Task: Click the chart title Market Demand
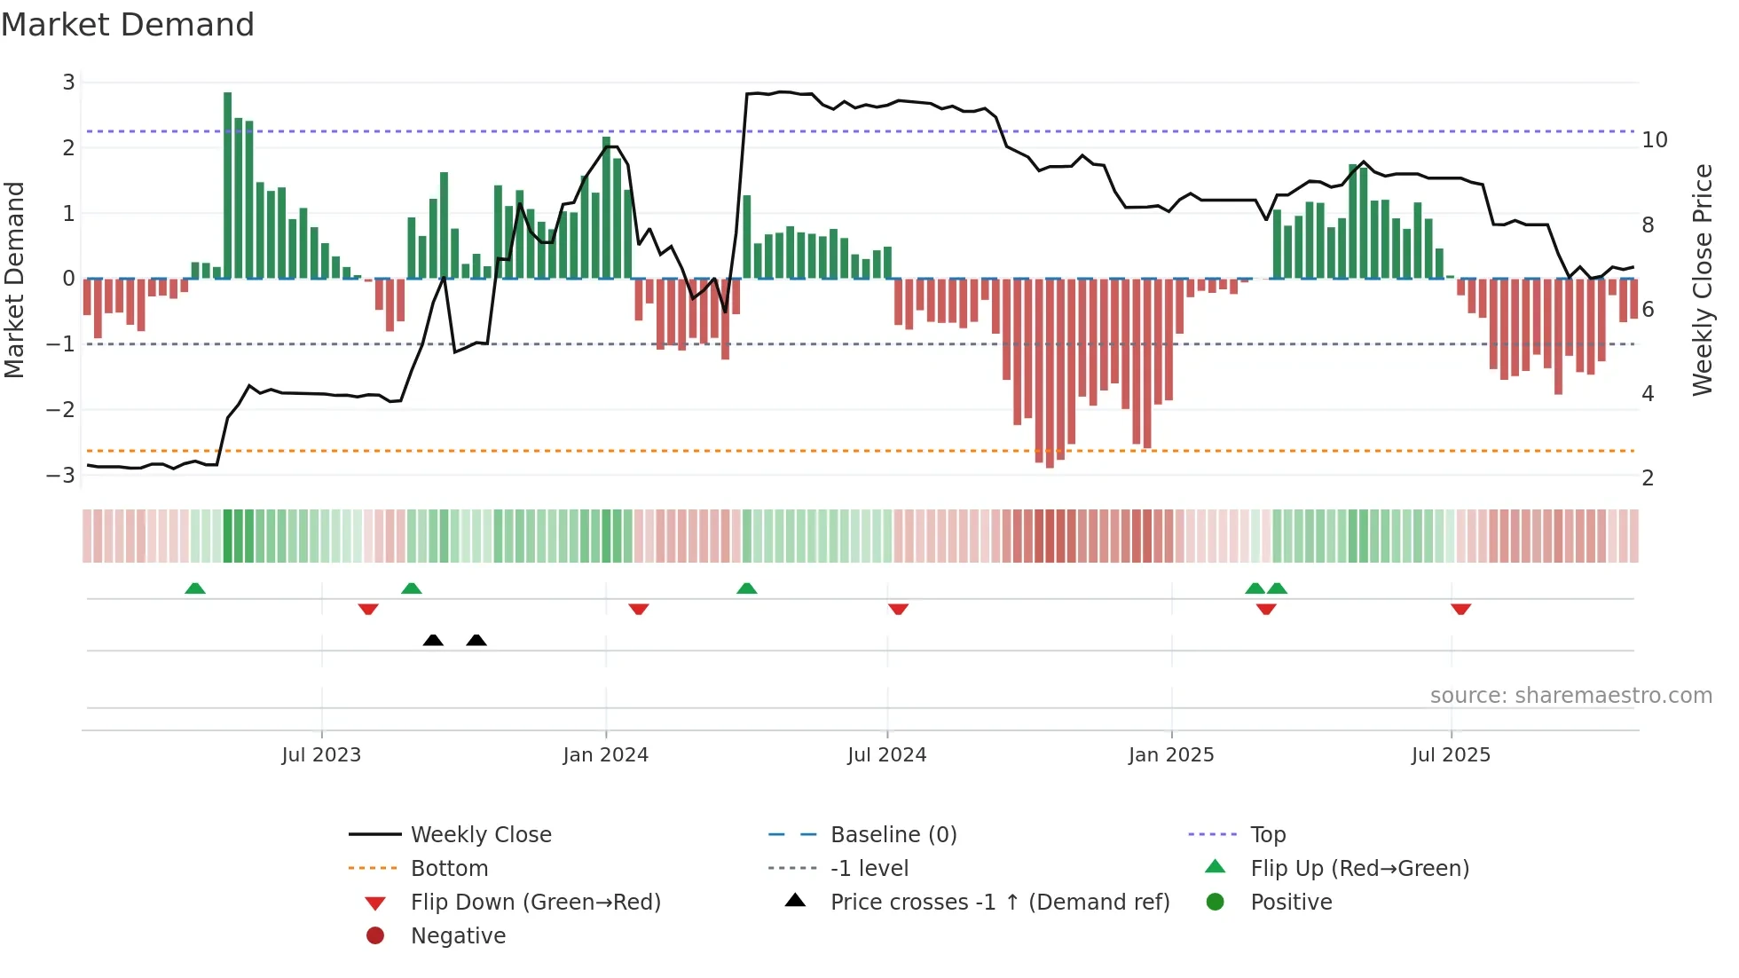128,25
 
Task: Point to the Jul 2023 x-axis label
321,755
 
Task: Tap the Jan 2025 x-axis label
1170,755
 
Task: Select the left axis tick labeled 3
68,83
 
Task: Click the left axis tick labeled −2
60,409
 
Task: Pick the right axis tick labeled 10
1654,140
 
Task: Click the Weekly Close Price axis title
1702,280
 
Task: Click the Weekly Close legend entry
480,835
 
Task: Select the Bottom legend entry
449,869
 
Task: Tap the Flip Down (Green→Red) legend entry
535,903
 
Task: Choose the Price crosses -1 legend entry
999,903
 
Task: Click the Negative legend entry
458,936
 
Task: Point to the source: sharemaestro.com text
1570,696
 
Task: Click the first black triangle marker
433,640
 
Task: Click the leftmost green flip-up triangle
195,588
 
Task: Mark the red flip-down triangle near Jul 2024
898,609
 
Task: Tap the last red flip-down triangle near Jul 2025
1460,609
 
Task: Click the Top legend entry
1268,835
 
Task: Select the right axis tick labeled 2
1648,478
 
